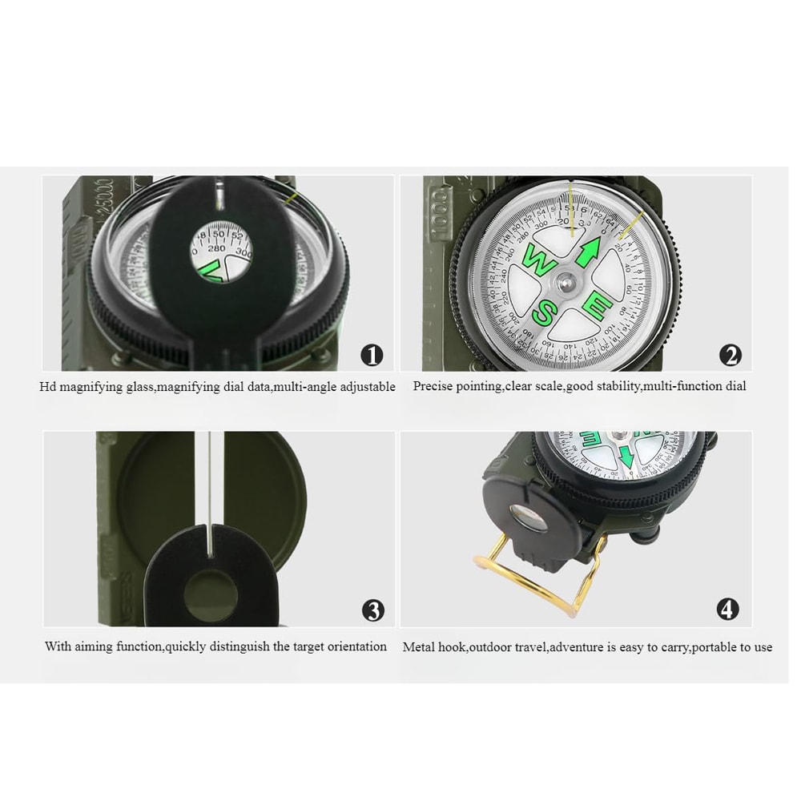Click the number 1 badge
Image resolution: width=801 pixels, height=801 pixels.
coord(372,355)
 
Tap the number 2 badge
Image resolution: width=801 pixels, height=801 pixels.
coord(730,355)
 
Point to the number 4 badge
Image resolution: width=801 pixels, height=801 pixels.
coord(727,610)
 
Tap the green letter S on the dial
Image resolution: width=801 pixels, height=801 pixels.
coord(543,313)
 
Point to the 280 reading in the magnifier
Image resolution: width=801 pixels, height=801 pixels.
coord(217,248)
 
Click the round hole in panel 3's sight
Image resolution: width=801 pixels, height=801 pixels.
coord(210,593)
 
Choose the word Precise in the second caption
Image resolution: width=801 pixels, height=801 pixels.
coord(433,386)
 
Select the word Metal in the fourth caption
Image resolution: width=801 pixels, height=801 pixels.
coord(419,647)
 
